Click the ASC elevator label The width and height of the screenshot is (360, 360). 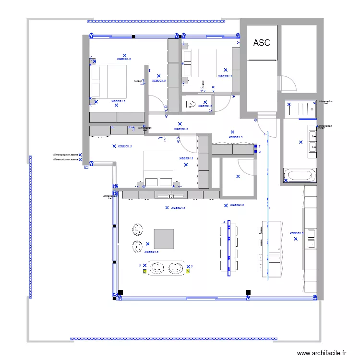[x=262, y=43]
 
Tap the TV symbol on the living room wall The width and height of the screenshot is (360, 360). [x=170, y=196]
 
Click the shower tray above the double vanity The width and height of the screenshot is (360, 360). [x=300, y=110]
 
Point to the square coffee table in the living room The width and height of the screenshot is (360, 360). [x=164, y=239]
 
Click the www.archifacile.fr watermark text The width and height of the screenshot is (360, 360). [x=322, y=353]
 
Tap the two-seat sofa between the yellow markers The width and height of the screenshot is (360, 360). [x=166, y=268]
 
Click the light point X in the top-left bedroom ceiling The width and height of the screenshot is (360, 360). [x=124, y=55]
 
